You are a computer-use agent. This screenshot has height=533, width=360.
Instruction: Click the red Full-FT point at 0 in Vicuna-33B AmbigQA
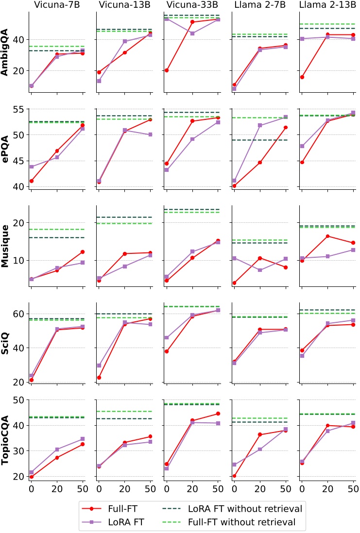[166, 70]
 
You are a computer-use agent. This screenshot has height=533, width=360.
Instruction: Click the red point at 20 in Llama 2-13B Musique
[327, 236]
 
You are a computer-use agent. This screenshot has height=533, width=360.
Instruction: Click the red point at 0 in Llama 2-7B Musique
[234, 283]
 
